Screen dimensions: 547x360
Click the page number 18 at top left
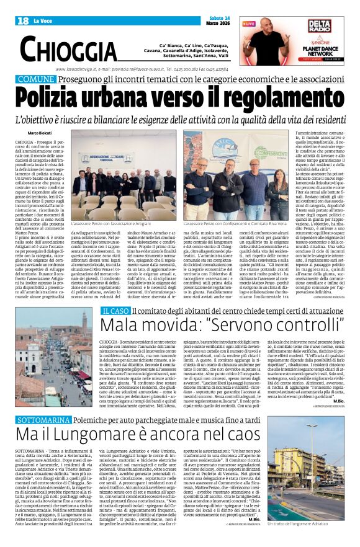[23, 21]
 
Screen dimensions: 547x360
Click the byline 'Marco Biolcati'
[40, 133]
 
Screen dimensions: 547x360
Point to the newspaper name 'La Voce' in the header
[43, 22]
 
